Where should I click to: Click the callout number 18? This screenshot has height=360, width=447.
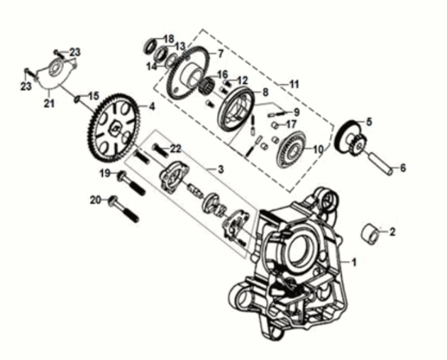pos(169,38)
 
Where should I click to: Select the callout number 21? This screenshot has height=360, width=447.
pos(49,103)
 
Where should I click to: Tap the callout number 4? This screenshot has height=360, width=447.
pos(152,107)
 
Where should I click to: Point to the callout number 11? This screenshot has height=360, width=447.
pos(294,84)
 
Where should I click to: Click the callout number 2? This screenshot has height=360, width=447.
pos(392,232)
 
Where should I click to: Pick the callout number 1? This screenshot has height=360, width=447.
pos(354,262)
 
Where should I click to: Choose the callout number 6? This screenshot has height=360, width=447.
pos(402,168)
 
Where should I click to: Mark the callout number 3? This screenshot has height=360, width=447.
pos(221,170)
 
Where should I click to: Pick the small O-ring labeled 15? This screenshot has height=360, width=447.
pos(77,99)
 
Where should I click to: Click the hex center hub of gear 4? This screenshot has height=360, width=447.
pos(115,129)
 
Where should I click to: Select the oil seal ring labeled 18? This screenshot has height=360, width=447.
pos(150,46)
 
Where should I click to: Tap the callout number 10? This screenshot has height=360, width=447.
pos(319,149)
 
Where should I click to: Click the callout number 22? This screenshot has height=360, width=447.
pos(176,148)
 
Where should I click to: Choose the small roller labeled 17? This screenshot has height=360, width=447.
pos(274,125)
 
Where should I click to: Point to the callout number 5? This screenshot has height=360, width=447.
pos(369,122)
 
